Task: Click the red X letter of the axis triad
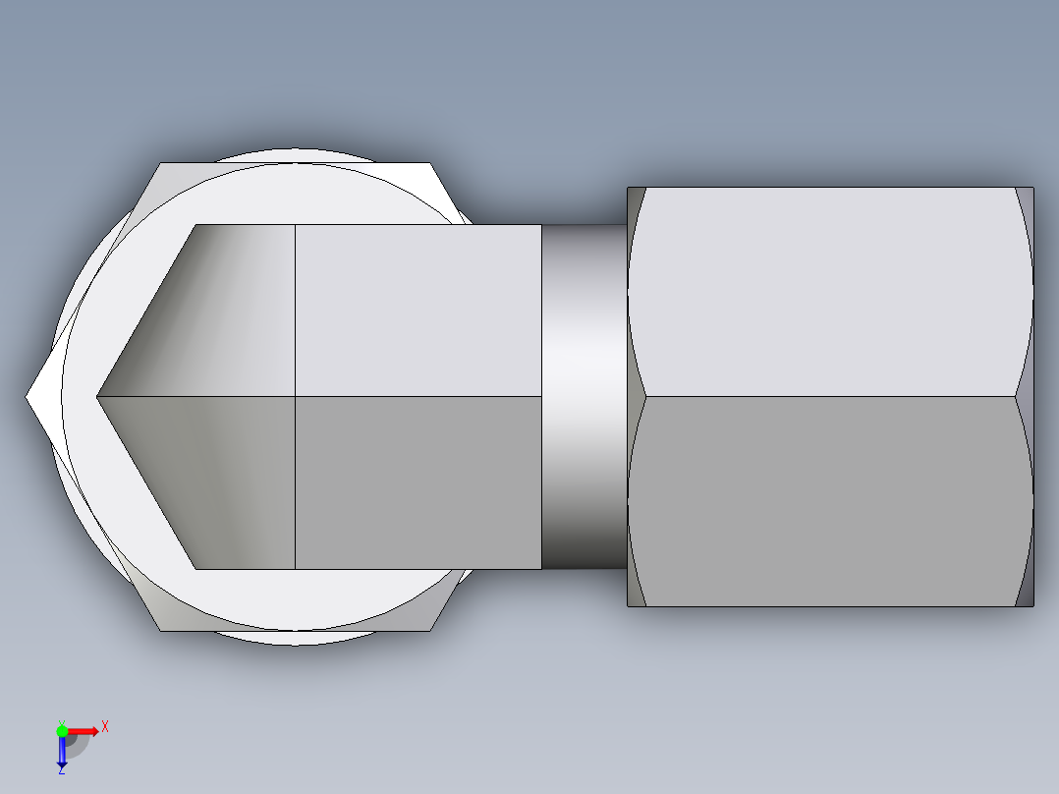coord(104,726)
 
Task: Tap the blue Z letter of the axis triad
coord(61,771)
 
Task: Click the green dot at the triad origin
coord(62,730)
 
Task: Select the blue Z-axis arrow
coord(62,753)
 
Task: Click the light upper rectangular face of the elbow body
coord(418,310)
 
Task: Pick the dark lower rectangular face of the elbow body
coord(418,482)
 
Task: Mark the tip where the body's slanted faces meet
coord(98,396)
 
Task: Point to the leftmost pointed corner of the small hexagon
coord(28,396)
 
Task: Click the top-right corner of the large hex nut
coord(1031,189)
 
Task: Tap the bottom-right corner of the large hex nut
coord(1031,604)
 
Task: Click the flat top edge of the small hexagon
coord(295,163)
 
